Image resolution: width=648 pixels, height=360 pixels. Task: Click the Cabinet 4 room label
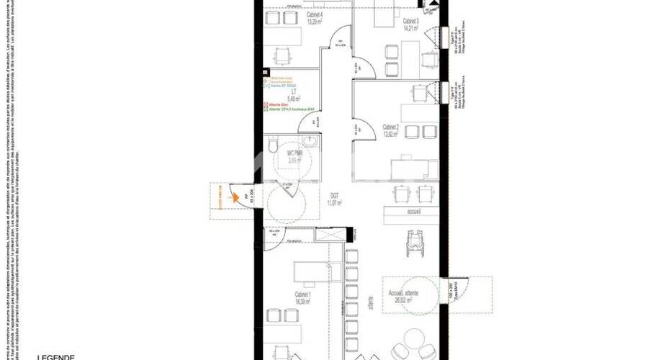[294, 15]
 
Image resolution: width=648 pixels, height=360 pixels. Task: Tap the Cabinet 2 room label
[392, 127]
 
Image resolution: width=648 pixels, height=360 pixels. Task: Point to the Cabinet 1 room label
[302, 294]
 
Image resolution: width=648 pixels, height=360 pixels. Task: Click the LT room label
[294, 91]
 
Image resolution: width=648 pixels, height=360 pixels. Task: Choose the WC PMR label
[294, 154]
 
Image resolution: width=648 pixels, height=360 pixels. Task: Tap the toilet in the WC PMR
[272, 147]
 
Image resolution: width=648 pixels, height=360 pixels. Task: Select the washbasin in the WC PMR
[310, 140]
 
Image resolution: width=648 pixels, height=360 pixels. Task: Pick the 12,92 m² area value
[392, 134]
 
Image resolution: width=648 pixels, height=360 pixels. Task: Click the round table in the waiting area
[414, 340]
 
